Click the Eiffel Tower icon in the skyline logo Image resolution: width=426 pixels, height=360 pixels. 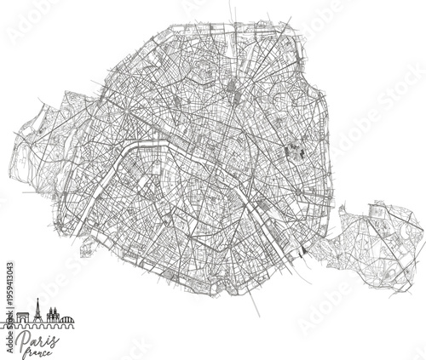point(38,312)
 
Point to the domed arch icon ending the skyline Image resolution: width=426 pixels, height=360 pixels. point(67,320)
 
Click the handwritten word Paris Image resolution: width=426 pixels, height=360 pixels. point(41,340)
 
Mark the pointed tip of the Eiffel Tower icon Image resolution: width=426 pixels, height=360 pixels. point(38,301)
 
